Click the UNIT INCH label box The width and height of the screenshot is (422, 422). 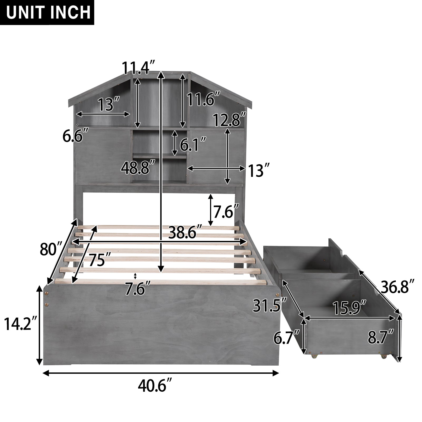[47, 12]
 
